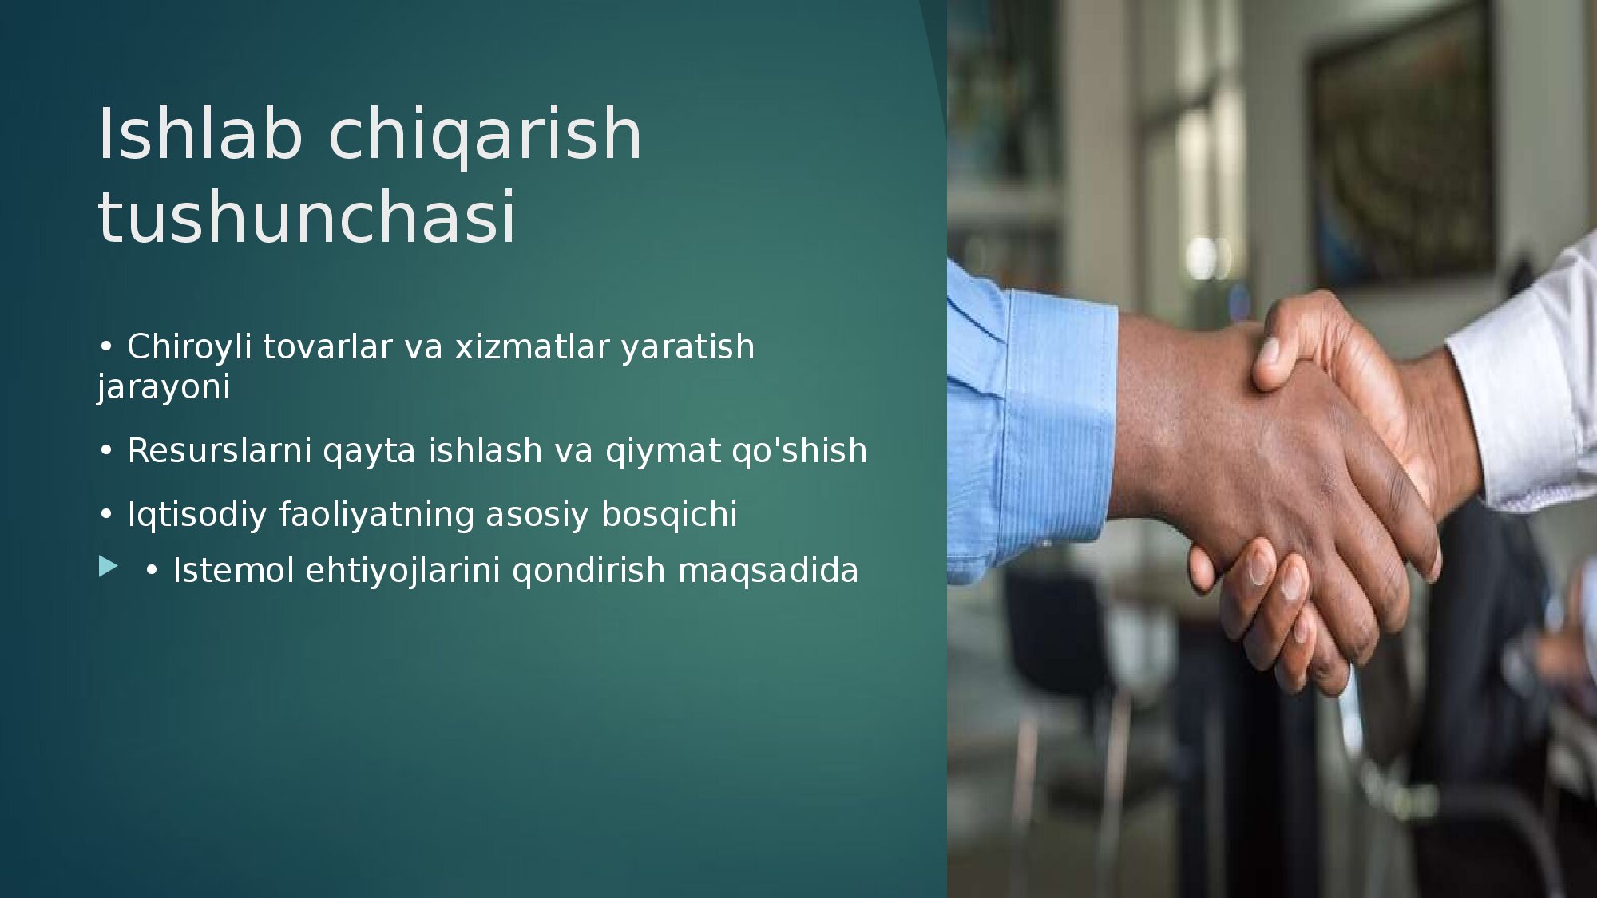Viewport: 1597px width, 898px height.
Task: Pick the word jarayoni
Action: [x=164, y=389]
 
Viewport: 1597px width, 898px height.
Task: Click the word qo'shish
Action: [x=799, y=450]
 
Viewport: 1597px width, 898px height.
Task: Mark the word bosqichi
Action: [x=669, y=516]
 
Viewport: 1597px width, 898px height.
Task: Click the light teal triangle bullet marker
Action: [x=108, y=567]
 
